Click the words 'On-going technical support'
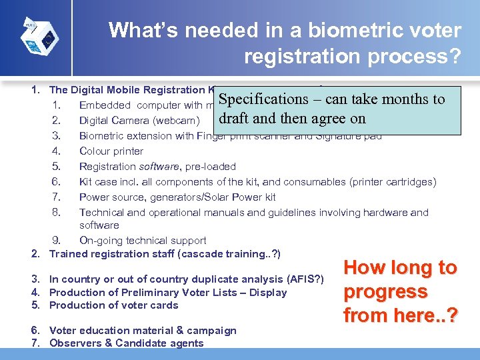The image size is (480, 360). (143, 241)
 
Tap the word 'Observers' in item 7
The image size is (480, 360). (74, 343)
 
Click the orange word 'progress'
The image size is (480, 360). (385, 292)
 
